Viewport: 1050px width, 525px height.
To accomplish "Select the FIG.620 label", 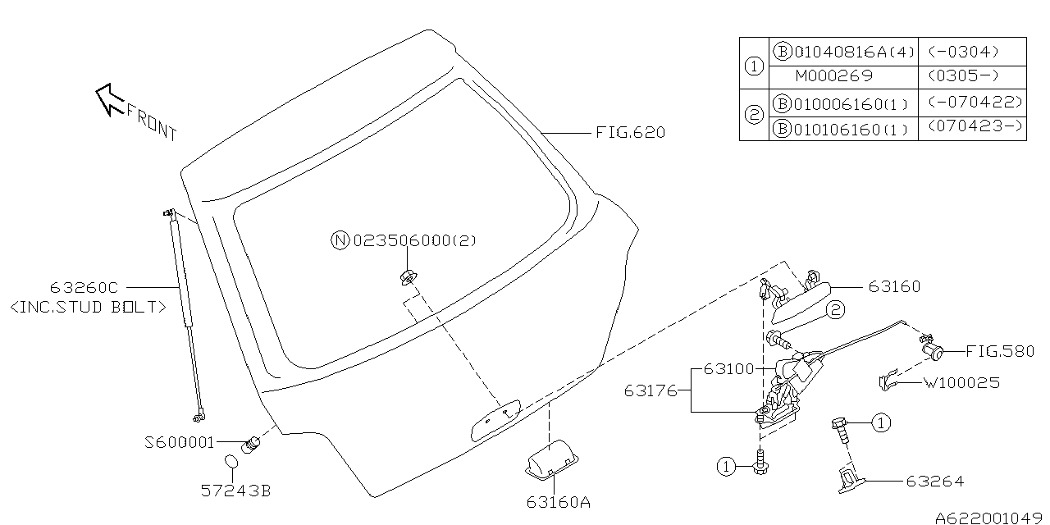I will pyautogui.click(x=630, y=132).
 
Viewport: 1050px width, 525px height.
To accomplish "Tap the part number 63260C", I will pyautogui.click(x=84, y=288).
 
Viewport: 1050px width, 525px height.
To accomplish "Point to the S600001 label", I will pyautogui.click(x=179, y=442).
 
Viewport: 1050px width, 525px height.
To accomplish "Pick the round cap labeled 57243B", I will pyautogui.click(x=232, y=465).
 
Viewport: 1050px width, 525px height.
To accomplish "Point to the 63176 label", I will pyautogui.click(x=651, y=390).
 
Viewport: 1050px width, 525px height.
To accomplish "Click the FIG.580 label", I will pyautogui.click(x=999, y=351).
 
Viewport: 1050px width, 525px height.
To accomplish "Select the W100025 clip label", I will pyautogui.click(x=961, y=382).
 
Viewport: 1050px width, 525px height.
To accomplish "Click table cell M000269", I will pyautogui.click(x=833, y=76).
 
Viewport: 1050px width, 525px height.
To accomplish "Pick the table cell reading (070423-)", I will pyautogui.click(x=972, y=130).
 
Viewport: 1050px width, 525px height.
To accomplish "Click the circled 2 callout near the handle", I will pyautogui.click(x=834, y=310).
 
